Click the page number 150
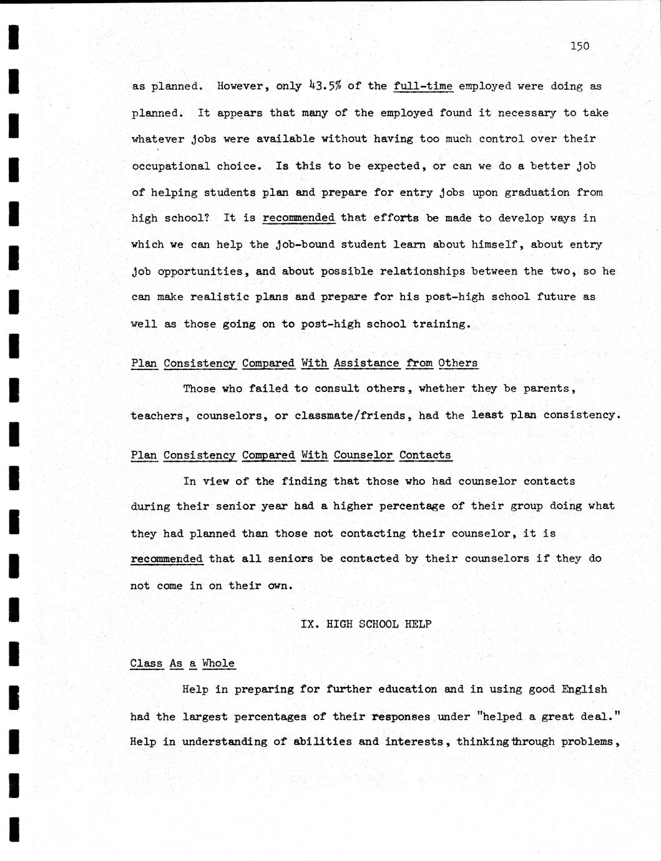tap(580, 46)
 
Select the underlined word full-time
tap(423, 86)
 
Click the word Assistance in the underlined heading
tap(366, 363)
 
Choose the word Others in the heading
tap(458, 363)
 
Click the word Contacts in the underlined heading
tap(425, 455)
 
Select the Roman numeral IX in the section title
tap(308, 624)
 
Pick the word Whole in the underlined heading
tap(218, 663)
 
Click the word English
tap(584, 689)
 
